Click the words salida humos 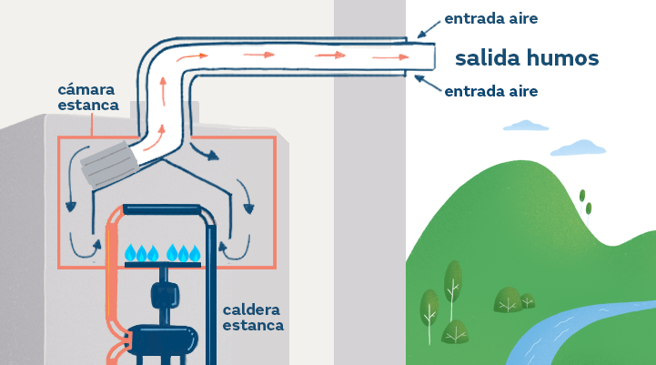tap(527, 59)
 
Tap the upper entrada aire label tap(491, 18)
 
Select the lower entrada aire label tap(491, 91)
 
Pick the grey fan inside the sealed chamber tap(108, 165)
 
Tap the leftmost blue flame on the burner tap(130, 253)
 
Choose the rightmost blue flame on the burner tap(196, 253)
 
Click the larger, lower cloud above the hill tap(578, 147)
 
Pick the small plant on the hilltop tap(588, 205)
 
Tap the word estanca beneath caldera tap(253, 325)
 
